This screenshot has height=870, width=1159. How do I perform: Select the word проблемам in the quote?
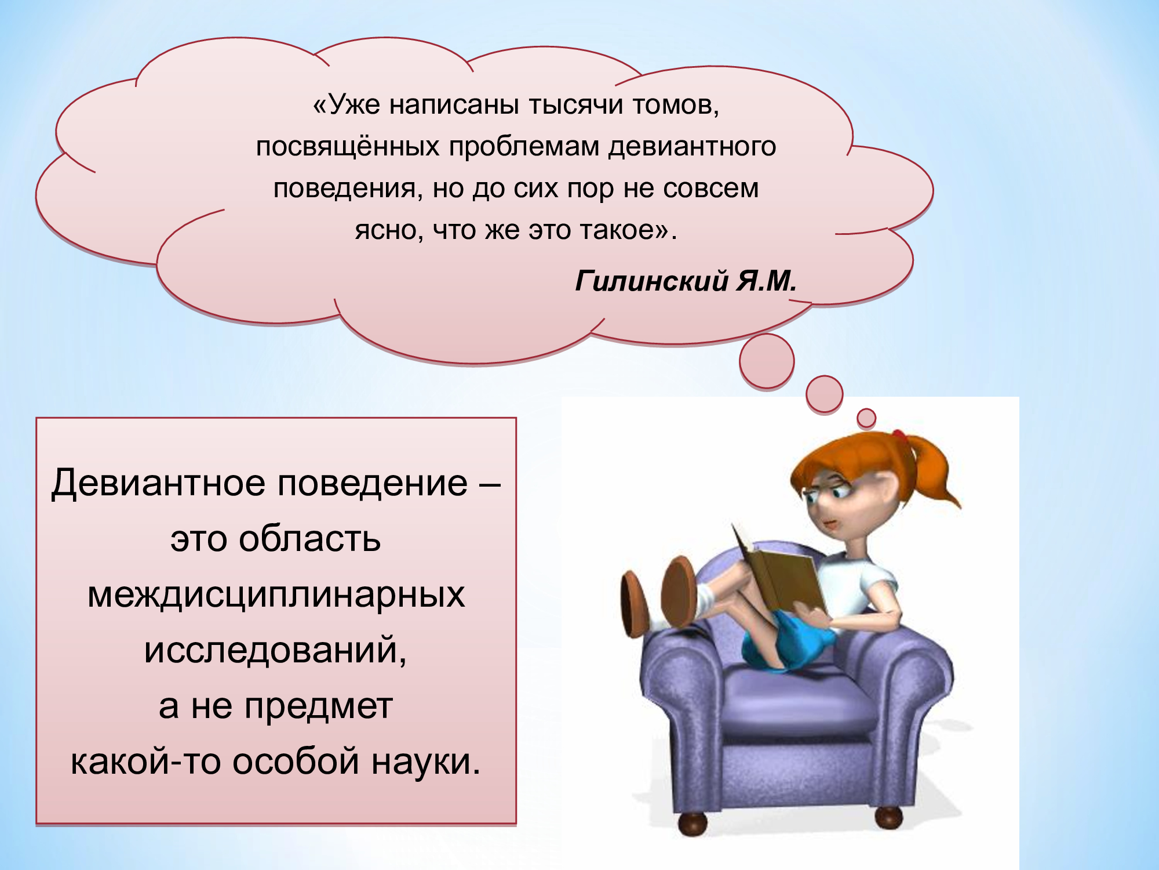(x=524, y=147)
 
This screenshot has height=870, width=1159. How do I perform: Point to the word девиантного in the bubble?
(x=692, y=147)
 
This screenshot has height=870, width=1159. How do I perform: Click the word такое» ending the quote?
(x=628, y=231)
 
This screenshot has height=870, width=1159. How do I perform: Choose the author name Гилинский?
(x=651, y=281)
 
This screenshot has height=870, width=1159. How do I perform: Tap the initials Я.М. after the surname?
(x=767, y=281)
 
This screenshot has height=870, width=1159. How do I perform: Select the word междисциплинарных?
(x=276, y=595)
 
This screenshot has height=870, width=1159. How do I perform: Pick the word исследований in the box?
(x=275, y=651)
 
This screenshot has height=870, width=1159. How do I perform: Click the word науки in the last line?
(x=426, y=762)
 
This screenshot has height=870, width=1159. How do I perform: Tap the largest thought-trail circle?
(x=767, y=361)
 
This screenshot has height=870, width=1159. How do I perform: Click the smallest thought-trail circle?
(x=866, y=418)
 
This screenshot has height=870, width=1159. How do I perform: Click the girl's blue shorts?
(x=788, y=641)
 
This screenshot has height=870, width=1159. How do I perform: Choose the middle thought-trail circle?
(x=824, y=394)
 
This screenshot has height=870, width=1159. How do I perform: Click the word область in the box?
(x=310, y=539)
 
